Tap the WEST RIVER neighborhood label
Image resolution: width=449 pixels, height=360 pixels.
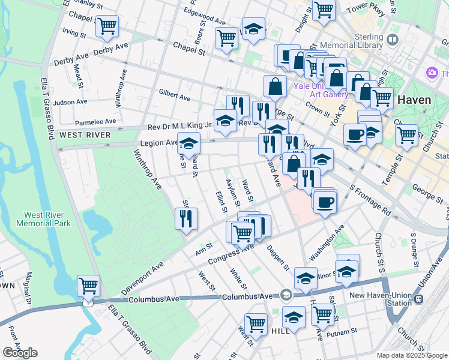[x=85, y=135]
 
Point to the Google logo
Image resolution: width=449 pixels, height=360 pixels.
[x=20, y=353]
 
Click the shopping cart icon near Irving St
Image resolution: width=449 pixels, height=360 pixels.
[x=107, y=26]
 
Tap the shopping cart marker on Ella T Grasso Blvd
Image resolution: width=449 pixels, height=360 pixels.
[x=88, y=286]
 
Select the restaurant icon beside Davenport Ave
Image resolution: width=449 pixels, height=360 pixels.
[x=186, y=218]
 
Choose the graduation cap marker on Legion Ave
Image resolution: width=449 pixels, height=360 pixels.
[x=188, y=144]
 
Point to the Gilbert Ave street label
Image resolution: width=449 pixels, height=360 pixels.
[x=174, y=95]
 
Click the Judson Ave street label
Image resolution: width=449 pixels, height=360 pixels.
[x=67, y=102]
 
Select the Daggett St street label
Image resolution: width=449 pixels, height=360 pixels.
[x=279, y=259]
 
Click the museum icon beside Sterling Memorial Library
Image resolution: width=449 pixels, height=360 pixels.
[x=393, y=40]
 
